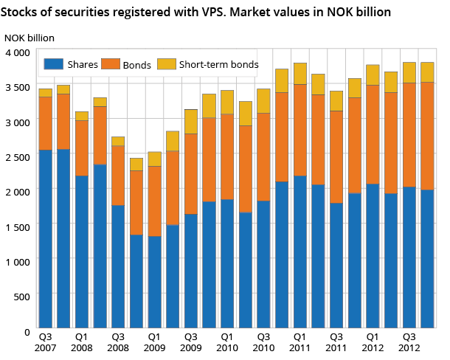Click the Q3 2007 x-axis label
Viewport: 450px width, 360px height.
45,341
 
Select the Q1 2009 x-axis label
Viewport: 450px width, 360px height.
153,341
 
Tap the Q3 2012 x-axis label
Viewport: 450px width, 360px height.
409,341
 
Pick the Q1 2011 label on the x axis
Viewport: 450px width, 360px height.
300,341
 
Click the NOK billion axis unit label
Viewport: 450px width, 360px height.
29,37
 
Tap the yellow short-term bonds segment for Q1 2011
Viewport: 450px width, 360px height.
300,74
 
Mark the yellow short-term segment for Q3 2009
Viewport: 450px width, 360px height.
190,122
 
